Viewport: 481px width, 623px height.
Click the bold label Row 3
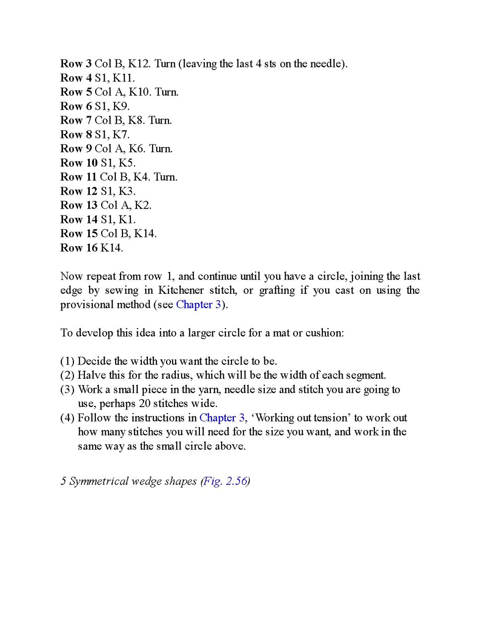(x=76, y=64)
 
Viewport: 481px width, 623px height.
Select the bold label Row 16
(x=79, y=248)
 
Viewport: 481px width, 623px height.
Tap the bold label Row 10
(x=79, y=163)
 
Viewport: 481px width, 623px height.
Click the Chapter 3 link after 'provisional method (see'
(x=198, y=304)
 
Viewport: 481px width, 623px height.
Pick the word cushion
(x=324, y=333)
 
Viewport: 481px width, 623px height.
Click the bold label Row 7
(x=76, y=120)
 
